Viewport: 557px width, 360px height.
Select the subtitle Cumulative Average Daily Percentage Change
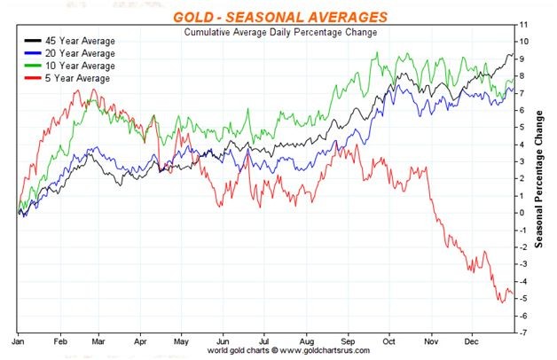280,32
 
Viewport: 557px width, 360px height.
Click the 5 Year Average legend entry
70,78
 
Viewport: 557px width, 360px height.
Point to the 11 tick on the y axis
525,24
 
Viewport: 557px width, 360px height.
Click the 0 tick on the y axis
523,213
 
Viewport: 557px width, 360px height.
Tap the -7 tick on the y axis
524,333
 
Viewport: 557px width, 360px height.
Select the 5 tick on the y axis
523,127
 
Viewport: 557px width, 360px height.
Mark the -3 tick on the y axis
524,264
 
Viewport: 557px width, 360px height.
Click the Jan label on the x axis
19,340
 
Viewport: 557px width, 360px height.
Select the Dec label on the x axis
470,340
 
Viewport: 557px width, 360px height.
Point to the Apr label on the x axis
140,340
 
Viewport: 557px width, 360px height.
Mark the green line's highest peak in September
379,53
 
